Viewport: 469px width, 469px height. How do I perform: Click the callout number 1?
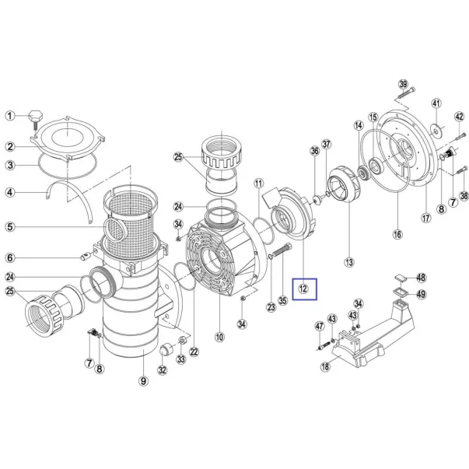(x=10, y=116)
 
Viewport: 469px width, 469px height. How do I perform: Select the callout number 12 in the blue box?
(x=303, y=289)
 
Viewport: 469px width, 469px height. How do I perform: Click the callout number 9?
(x=144, y=381)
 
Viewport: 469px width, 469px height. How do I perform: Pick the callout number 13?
(x=349, y=262)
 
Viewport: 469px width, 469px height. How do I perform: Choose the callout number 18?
(x=325, y=366)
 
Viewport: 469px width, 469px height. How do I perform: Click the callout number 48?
(x=421, y=278)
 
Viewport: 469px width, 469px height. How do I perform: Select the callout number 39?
(x=403, y=84)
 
